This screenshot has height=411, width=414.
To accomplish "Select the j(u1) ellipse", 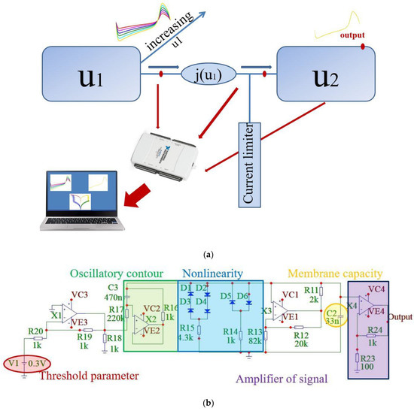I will click(208, 74).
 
